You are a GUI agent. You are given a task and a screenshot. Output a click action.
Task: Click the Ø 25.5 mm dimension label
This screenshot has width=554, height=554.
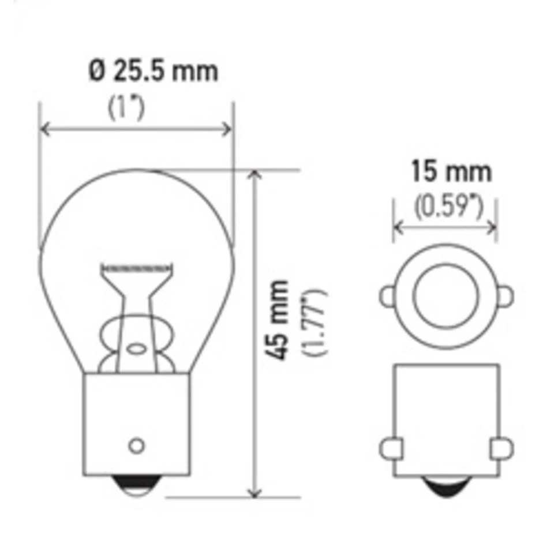tap(154, 72)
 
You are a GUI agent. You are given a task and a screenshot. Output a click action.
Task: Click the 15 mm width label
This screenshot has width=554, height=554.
tap(451, 172)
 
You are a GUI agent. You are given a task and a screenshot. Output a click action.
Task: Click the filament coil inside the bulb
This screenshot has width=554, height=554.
tap(137, 268)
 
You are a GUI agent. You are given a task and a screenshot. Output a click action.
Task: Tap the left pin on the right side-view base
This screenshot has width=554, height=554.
tap(388, 448)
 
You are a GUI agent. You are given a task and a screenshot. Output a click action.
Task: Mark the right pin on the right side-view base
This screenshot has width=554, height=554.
tap(502, 448)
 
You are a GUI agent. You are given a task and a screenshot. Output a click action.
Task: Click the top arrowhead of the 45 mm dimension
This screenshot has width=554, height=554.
tap(252, 175)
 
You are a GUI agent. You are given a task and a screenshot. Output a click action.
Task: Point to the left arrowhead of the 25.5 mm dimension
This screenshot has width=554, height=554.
tap(44, 129)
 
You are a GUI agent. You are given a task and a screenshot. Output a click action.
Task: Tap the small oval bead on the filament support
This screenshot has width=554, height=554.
tap(137, 349)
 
